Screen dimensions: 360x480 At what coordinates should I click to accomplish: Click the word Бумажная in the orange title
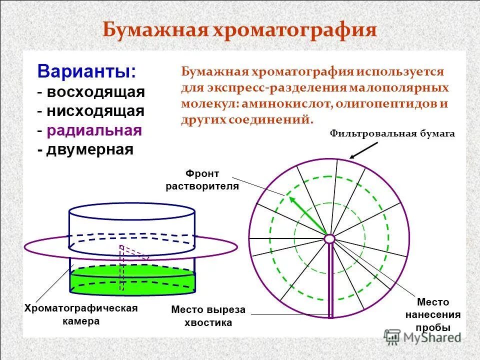click(x=155, y=30)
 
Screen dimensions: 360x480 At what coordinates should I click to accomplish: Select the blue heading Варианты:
click(x=86, y=71)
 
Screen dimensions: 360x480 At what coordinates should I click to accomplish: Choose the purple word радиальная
click(x=94, y=130)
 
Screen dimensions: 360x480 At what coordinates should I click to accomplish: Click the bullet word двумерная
click(x=90, y=149)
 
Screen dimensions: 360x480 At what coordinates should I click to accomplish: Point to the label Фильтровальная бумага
click(x=392, y=134)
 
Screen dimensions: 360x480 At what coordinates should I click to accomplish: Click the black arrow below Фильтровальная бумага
click(x=364, y=150)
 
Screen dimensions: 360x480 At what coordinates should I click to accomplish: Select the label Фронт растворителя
click(x=202, y=180)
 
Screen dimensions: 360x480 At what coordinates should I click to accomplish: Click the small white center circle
click(x=329, y=239)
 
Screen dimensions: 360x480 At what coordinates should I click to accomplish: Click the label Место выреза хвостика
click(x=208, y=316)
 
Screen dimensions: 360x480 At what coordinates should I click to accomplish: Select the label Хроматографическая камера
click(x=81, y=314)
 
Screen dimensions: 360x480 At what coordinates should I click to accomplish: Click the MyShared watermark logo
click(x=422, y=336)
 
